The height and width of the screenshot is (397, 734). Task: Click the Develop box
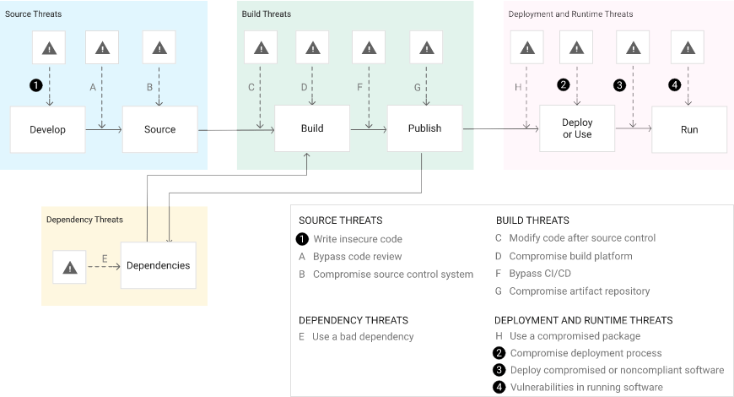tap(47, 129)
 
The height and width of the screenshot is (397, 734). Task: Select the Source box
tap(159, 129)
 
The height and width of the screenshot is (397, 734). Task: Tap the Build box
tap(312, 128)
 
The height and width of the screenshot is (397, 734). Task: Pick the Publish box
tap(424, 128)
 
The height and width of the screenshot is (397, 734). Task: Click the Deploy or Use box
tap(577, 129)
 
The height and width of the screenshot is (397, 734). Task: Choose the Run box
tap(689, 129)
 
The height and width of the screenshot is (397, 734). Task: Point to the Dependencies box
tap(158, 265)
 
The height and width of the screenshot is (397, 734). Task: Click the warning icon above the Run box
tap(689, 48)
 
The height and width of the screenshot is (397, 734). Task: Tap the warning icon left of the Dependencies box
tap(69, 267)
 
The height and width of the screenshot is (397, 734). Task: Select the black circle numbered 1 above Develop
tap(35, 85)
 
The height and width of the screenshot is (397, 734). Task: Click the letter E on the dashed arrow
tap(105, 258)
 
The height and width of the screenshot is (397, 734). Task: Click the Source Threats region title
tap(34, 14)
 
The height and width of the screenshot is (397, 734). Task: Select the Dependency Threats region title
tap(84, 220)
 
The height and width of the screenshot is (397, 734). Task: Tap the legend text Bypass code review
tap(357, 256)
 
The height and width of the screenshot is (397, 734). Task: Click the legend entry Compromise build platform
tap(570, 256)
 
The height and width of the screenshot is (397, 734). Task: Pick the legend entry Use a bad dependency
tap(363, 336)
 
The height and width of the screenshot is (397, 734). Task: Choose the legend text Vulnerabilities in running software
tap(586, 387)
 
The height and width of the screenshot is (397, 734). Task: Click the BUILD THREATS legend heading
tap(532, 220)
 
